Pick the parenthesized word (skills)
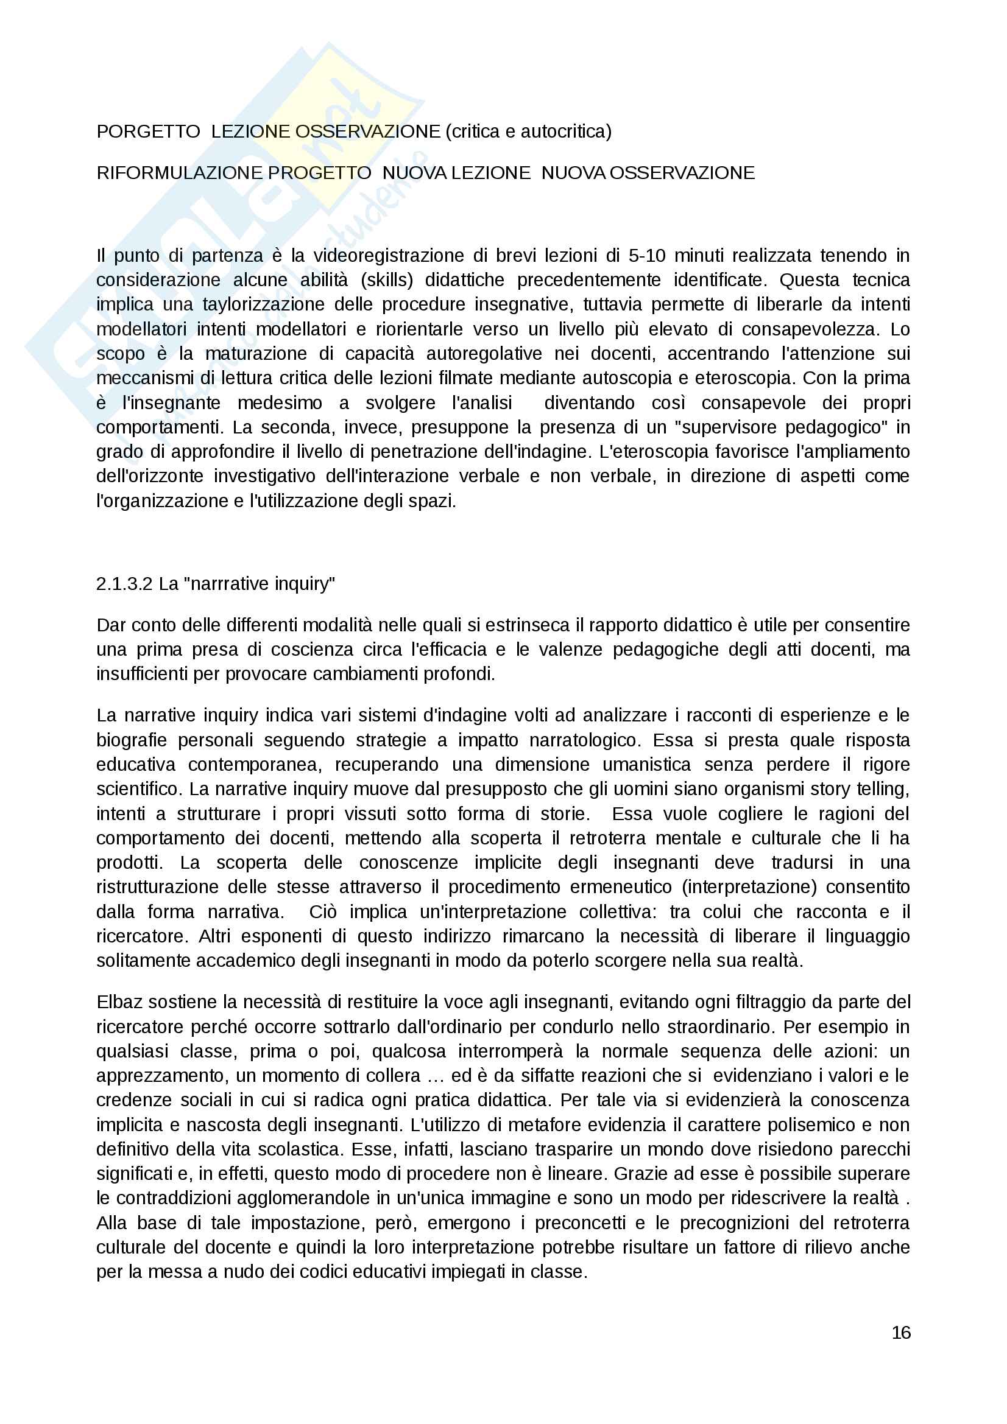tap(387, 280)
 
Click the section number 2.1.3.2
tap(124, 584)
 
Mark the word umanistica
tap(646, 765)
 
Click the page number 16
tap(901, 1333)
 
